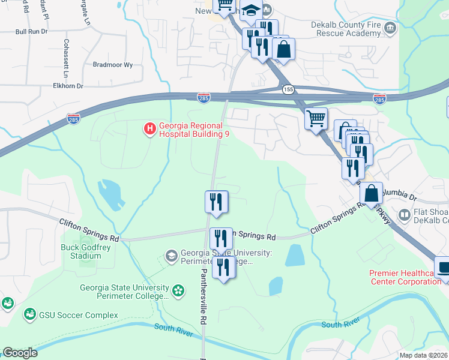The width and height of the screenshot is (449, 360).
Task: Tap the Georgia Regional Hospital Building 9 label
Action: coord(190,130)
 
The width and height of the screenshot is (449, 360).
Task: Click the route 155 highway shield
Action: coord(289,89)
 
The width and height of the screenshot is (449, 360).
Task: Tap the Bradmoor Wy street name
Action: coord(112,64)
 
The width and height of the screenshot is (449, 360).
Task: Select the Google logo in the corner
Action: coord(20,352)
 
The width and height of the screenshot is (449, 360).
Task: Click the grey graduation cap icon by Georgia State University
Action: coord(171,256)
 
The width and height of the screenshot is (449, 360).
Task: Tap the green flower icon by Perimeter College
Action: coord(178,291)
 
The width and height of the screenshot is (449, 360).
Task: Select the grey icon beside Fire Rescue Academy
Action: coord(391,27)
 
